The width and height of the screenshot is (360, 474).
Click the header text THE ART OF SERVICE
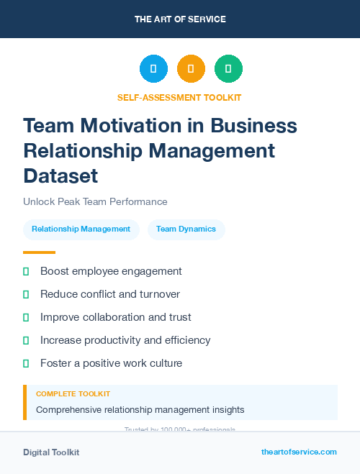tap(180, 19)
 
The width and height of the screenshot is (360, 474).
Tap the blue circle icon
tap(153, 69)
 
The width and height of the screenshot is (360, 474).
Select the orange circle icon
tap(191, 69)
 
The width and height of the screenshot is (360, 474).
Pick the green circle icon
tap(228, 69)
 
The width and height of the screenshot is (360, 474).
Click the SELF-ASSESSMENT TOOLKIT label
tap(179, 97)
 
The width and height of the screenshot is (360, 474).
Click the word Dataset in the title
tap(60, 175)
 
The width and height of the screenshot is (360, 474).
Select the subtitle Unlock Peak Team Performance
tap(95, 201)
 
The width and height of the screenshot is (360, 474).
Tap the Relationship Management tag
tap(81, 229)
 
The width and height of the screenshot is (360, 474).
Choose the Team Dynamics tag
tap(186, 229)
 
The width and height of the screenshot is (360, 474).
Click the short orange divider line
tap(39, 252)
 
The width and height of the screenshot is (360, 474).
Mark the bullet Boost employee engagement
tap(111, 271)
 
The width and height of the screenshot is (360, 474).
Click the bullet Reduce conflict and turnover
tap(110, 294)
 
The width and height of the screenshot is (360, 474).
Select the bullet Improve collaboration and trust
tap(116, 317)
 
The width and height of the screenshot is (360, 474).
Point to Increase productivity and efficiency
tap(125, 340)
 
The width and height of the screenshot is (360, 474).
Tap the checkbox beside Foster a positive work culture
tap(26, 363)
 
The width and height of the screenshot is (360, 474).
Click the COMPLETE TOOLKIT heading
tap(73, 394)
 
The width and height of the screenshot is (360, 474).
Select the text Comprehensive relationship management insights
tap(140, 410)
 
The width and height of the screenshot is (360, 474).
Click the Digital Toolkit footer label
tap(51, 452)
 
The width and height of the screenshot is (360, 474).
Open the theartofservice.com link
tap(299, 452)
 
